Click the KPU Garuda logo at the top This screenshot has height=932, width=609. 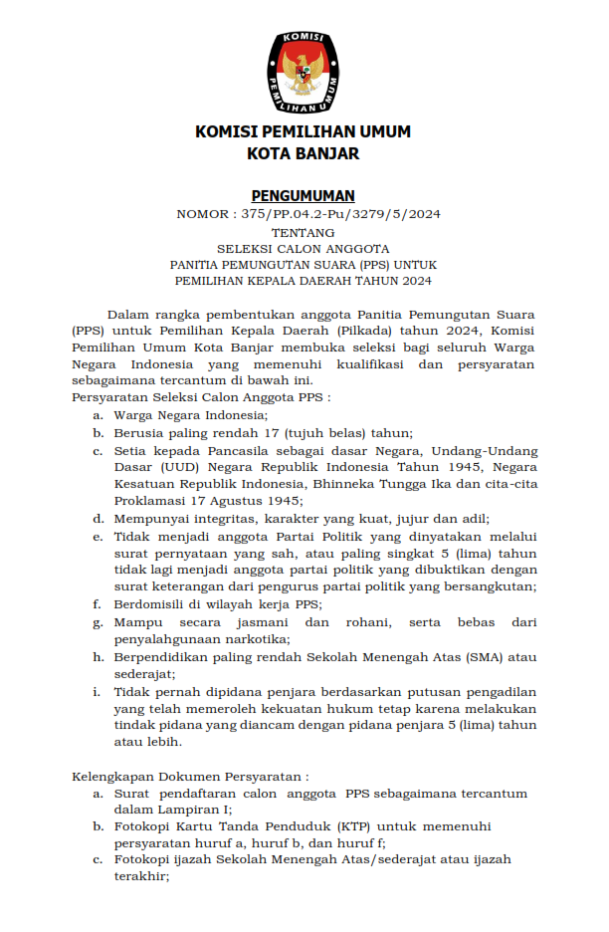tap(304, 71)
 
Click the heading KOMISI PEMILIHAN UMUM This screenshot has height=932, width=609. tap(303, 131)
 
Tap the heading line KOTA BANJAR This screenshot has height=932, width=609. tap(303, 153)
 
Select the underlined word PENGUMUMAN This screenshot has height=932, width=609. tap(303, 195)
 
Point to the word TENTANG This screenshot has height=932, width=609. tap(303, 231)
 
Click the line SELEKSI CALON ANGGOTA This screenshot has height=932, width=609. tap(303, 248)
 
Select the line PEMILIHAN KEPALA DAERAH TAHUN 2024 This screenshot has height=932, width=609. tap(303, 281)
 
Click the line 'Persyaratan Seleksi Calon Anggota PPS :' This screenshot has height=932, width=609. tap(201, 396)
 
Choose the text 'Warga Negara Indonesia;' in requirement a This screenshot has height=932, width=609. tap(191, 414)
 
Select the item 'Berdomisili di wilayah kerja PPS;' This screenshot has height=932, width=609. tap(217, 603)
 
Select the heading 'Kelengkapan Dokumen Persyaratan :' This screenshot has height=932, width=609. tap(190, 776)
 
